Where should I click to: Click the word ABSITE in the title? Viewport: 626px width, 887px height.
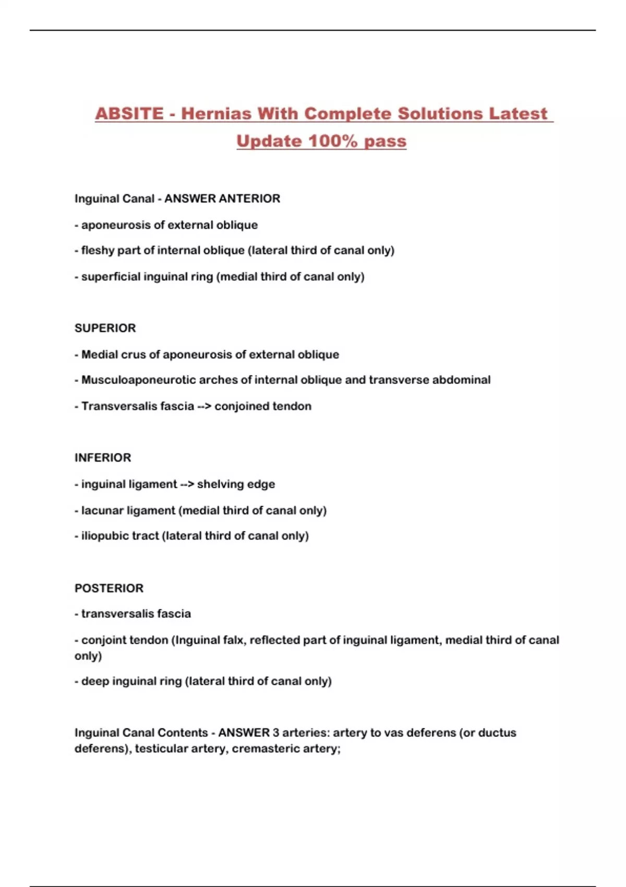point(129,114)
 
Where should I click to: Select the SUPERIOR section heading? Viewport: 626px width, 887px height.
point(105,328)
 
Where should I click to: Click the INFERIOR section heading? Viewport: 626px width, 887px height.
point(103,458)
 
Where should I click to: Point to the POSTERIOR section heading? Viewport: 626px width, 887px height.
point(109,588)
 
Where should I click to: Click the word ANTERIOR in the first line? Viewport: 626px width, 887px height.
point(250,199)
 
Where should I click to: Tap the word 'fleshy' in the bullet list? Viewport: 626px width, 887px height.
point(98,250)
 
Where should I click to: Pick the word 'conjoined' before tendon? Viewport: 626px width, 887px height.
point(238,406)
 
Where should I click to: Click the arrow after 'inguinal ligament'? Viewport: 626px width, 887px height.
point(187,484)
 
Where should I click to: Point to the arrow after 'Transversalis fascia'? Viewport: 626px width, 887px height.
point(204,406)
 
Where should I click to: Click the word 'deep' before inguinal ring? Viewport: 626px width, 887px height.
point(95,681)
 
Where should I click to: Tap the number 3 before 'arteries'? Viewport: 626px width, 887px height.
point(275,733)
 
